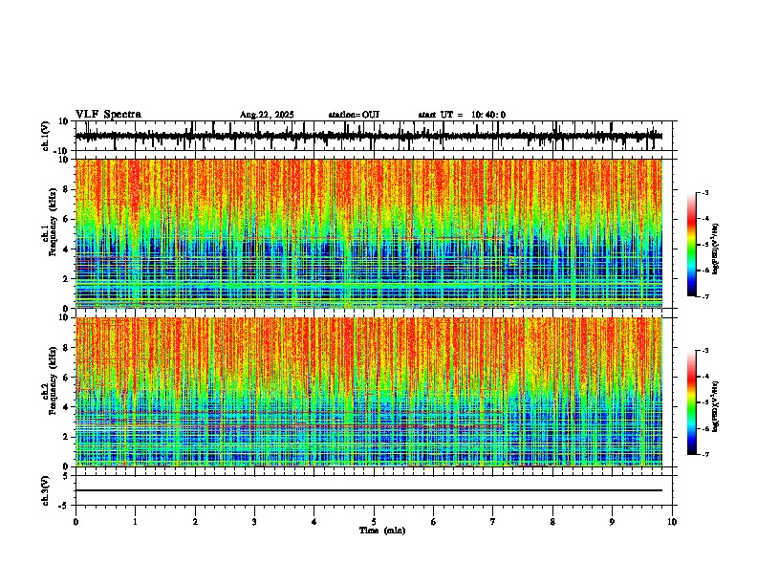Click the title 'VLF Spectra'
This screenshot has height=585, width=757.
(x=108, y=115)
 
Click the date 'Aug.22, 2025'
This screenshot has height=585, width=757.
(x=266, y=115)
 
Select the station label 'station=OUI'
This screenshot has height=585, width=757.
(x=354, y=115)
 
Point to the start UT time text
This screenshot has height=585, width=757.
(x=462, y=115)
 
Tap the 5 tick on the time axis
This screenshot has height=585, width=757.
(x=374, y=522)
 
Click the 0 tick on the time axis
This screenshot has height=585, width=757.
(x=76, y=522)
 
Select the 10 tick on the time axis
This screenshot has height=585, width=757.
(x=672, y=522)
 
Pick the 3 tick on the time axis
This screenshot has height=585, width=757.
(x=254, y=522)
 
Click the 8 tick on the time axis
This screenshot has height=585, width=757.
(x=552, y=522)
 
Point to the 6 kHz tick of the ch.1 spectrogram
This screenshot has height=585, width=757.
(x=65, y=219)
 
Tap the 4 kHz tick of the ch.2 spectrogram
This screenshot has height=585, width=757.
(x=65, y=406)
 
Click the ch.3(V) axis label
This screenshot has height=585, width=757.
(x=46, y=489)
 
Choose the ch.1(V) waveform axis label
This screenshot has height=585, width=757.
(x=46, y=136)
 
